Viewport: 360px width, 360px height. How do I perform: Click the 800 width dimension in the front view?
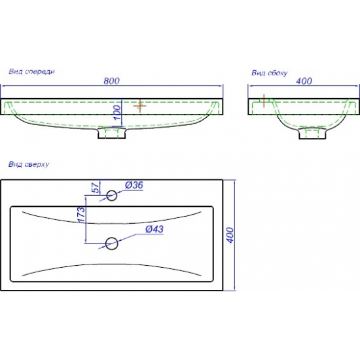pyautogui.click(x=111, y=81)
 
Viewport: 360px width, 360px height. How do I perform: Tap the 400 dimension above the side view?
pyautogui.click(x=304, y=81)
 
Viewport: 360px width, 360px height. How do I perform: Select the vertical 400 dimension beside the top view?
pyautogui.click(x=230, y=235)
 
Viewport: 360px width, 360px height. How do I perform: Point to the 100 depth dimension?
pyautogui.click(x=117, y=113)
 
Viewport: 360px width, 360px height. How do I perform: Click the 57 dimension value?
pyautogui.click(x=97, y=188)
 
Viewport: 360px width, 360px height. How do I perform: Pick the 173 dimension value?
pyautogui.click(x=82, y=215)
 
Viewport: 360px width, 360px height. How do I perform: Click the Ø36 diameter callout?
pyautogui.click(x=134, y=185)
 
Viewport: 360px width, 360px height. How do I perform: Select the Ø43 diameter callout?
pyautogui.click(x=154, y=229)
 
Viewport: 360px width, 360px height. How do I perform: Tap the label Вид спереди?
pyautogui.click(x=31, y=71)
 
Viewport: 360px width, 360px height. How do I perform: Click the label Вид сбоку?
pyautogui.click(x=269, y=73)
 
